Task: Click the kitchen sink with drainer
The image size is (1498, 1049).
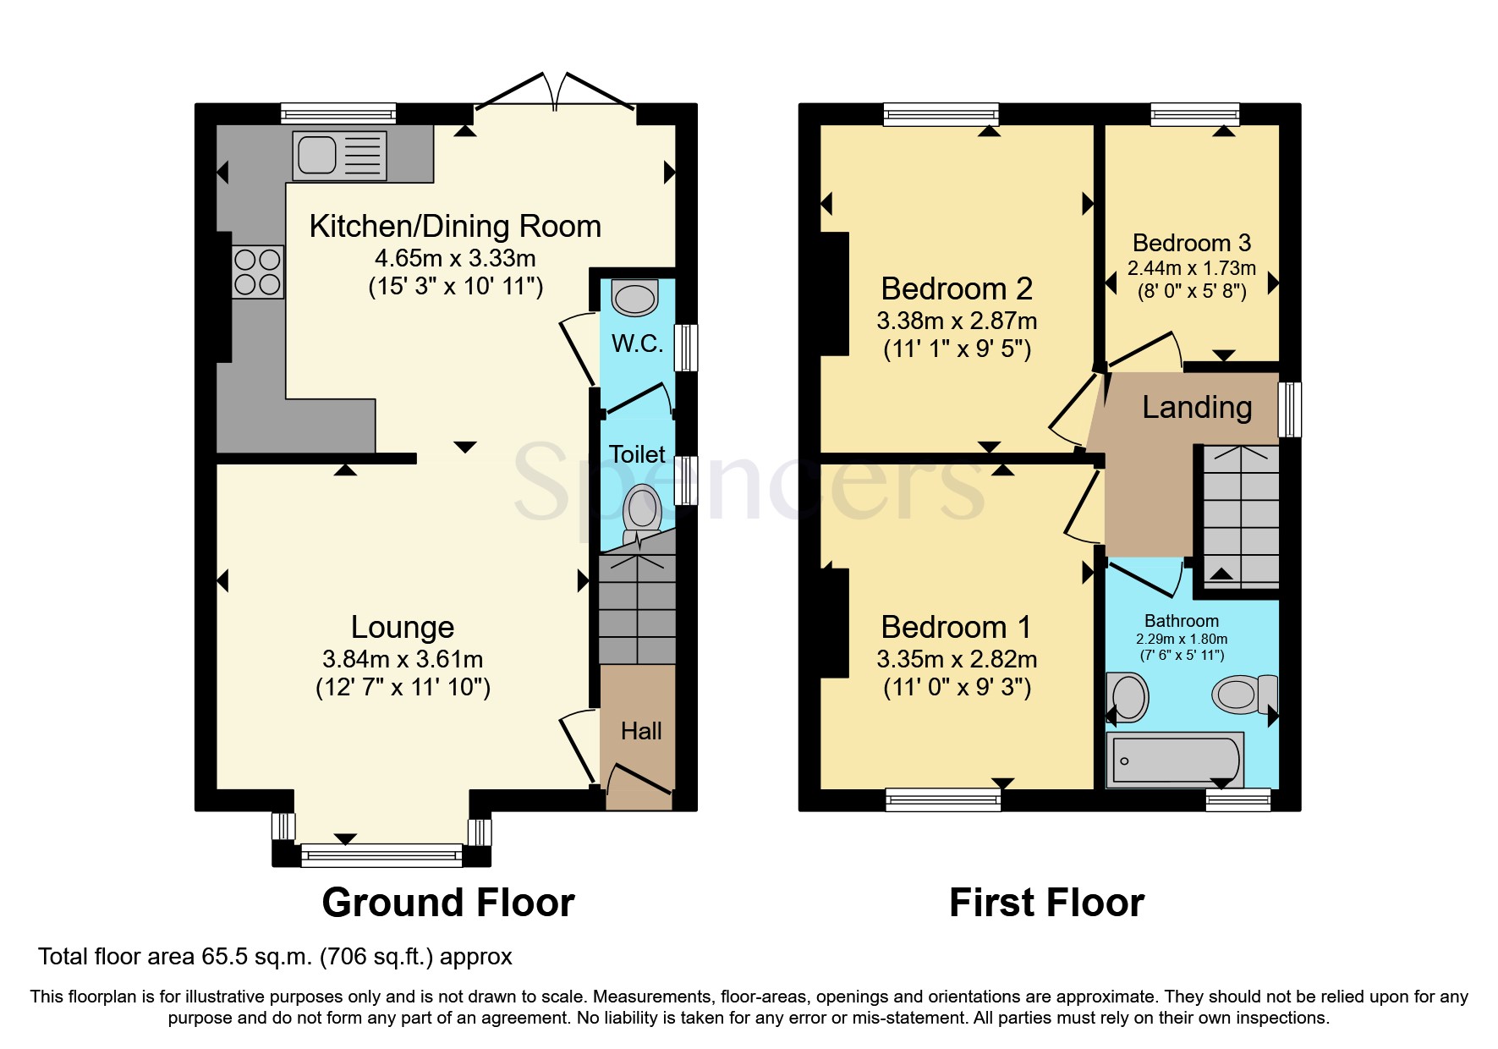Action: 339,156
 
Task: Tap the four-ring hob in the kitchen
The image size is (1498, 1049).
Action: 258,272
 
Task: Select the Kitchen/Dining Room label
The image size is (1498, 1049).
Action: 455,227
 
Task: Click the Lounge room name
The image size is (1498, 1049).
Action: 403,628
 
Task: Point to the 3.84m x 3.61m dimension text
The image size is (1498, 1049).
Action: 403,659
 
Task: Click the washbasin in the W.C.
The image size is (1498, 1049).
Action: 635,298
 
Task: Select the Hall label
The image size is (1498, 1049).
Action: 641,731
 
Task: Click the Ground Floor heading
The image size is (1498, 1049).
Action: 448,903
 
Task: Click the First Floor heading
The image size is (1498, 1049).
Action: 1046,903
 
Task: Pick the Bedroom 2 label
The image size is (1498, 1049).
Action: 957,289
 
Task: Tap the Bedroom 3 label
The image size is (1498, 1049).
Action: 1192,244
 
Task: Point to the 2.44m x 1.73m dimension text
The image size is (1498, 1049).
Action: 1192,268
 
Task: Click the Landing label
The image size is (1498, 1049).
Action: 1197,408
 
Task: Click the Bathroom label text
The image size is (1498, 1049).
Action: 1182,621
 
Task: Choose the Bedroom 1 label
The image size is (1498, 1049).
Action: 957,628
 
